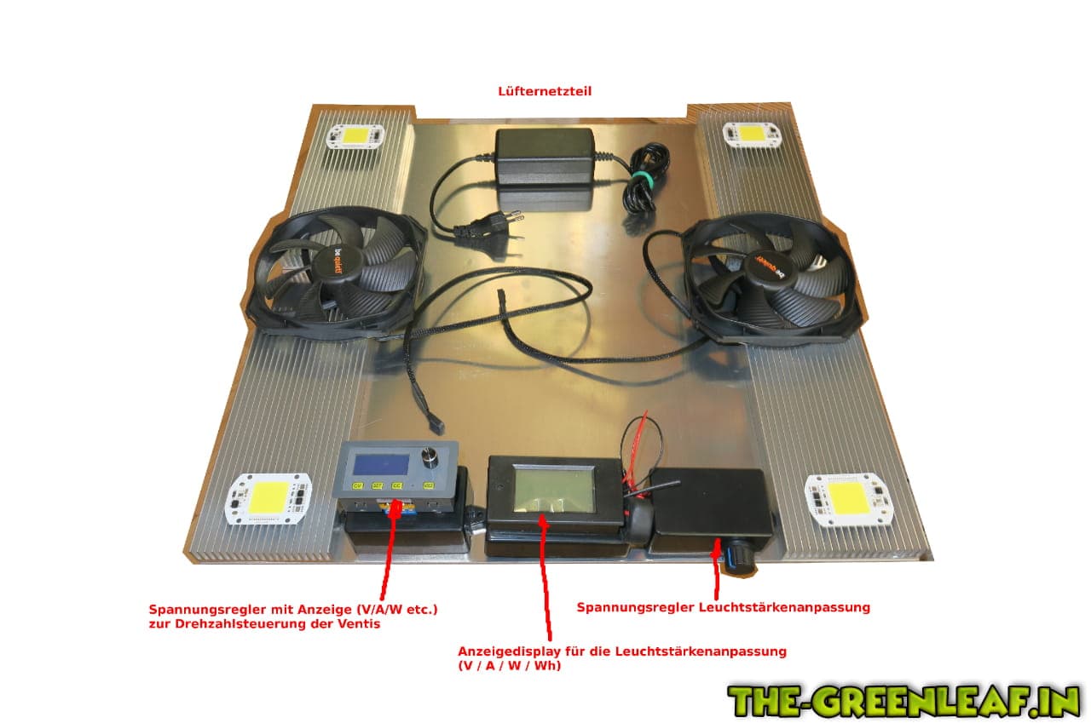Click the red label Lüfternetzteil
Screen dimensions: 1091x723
(x=545, y=91)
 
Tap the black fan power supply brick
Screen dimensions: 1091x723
(x=545, y=157)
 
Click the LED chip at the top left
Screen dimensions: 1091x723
(x=355, y=136)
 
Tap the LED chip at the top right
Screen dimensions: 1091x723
(x=752, y=134)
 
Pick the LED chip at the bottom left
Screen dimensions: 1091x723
(x=268, y=499)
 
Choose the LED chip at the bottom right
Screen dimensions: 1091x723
(x=849, y=500)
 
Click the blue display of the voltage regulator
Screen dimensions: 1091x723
(x=381, y=465)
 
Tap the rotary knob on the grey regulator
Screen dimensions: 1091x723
(x=430, y=456)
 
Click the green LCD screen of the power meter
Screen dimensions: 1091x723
(x=554, y=489)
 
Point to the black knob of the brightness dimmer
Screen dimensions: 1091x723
(x=739, y=559)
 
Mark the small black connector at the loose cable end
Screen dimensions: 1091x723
(x=436, y=427)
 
